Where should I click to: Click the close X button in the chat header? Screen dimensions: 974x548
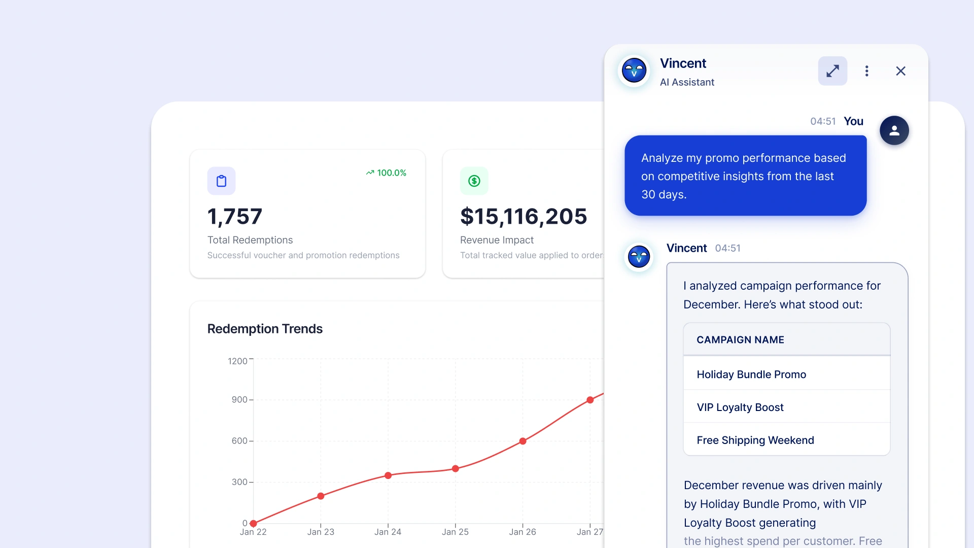point(900,71)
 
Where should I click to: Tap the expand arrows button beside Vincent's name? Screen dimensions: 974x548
point(832,71)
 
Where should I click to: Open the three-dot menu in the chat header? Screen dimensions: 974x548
point(867,71)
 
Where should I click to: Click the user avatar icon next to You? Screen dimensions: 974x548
point(894,130)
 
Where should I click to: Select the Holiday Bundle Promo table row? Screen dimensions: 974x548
point(786,374)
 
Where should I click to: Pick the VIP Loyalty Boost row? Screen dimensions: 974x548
point(786,407)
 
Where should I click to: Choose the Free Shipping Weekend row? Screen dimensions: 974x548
point(786,440)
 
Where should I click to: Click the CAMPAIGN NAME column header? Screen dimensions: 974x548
point(740,339)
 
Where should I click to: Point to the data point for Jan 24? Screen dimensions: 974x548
point(388,475)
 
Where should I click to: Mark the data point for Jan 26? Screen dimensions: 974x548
point(523,441)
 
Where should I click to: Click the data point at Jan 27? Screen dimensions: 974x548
point(590,400)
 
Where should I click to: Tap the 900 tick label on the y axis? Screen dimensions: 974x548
point(239,400)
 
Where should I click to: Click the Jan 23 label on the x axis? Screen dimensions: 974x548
point(321,532)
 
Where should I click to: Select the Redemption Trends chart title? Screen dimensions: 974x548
point(265,329)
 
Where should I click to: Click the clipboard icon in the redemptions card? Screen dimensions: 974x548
point(221,181)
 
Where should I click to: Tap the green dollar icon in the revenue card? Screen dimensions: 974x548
point(474,181)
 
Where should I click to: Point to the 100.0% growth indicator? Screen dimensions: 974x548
point(386,173)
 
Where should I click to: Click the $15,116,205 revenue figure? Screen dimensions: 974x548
point(524,217)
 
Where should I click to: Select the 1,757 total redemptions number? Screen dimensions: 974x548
point(235,217)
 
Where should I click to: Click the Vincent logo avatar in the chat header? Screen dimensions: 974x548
point(634,71)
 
